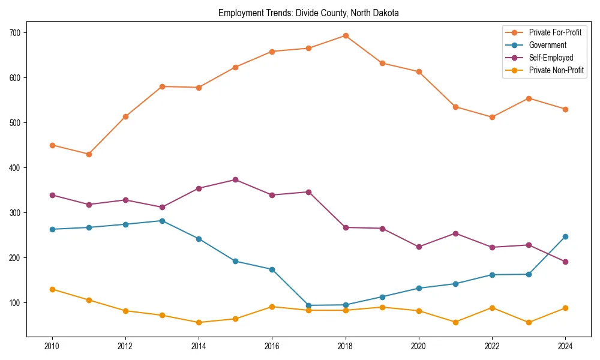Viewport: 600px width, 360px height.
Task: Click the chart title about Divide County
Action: (x=308, y=13)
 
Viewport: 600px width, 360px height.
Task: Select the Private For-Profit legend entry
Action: (x=555, y=32)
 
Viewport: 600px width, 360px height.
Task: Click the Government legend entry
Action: (x=547, y=45)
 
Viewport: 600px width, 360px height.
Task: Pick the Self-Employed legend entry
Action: (x=551, y=58)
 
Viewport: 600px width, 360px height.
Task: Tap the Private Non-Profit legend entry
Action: (x=556, y=70)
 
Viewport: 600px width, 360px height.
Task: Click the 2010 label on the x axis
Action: (x=52, y=347)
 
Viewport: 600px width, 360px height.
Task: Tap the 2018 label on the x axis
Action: (x=346, y=347)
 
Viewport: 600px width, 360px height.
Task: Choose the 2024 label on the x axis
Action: (x=565, y=347)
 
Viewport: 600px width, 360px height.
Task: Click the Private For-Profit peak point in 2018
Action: (x=346, y=35)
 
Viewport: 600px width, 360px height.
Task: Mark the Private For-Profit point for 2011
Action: (x=89, y=154)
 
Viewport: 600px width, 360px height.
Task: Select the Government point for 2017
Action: (x=309, y=305)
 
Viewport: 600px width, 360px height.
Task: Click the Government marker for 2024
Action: (x=565, y=236)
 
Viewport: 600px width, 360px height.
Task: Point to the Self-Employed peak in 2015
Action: (x=235, y=179)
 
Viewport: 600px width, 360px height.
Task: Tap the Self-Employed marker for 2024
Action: (x=565, y=262)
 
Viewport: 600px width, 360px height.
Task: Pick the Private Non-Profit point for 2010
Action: (x=52, y=289)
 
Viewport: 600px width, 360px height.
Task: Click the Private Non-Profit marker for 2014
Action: (x=199, y=322)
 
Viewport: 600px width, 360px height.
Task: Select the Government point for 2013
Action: (x=162, y=221)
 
